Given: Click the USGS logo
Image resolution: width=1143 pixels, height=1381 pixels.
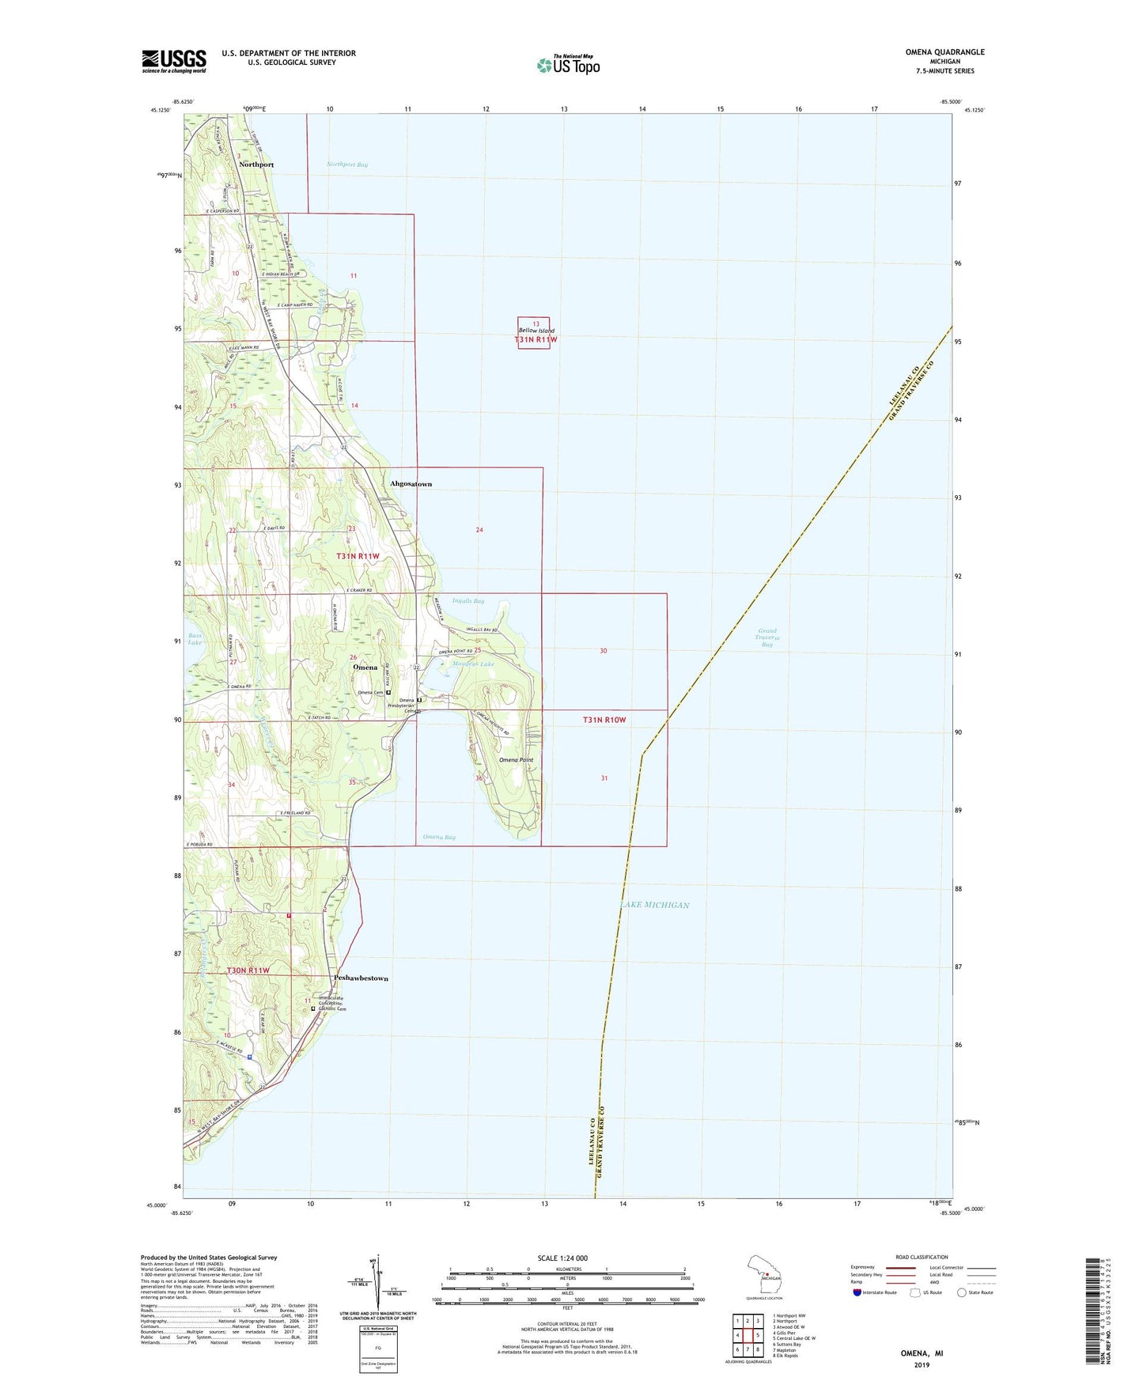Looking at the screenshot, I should (x=174, y=61).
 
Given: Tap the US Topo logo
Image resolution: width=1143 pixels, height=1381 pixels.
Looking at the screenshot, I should (x=568, y=65).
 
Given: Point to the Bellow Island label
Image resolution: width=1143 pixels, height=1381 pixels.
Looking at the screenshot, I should (x=536, y=331).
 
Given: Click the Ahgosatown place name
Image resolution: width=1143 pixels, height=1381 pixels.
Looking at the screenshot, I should (x=411, y=483).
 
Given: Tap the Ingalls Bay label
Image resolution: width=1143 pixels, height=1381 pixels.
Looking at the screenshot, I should (x=467, y=601).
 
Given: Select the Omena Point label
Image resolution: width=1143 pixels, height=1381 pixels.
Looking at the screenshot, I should (x=516, y=760).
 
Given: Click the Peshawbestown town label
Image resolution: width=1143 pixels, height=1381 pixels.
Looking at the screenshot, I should (x=361, y=978).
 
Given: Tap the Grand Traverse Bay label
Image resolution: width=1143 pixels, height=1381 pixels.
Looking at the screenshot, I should (x=766, y=638).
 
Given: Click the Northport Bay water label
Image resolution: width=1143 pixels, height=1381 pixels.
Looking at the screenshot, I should (x=346, y=165).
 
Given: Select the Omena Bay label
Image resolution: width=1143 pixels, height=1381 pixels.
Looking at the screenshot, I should (x=438, y=837).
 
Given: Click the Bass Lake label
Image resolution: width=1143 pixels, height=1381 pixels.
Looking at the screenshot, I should (x=194, y=639).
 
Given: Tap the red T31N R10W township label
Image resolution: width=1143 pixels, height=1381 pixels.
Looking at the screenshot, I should (x=604, y=720).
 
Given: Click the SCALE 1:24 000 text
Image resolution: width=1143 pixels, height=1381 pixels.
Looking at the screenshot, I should (x=562, y=1258).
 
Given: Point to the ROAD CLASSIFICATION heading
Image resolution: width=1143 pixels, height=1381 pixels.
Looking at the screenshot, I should (x=922, y=1257).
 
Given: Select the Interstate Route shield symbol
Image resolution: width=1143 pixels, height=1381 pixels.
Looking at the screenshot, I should (x=857, y=1292).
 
